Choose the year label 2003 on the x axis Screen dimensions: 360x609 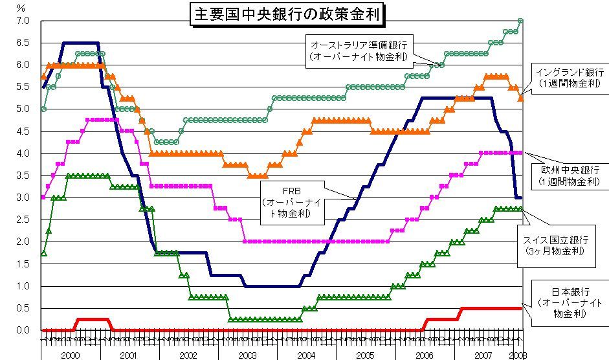pos(247,355)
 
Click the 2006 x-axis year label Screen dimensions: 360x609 pos(424,355)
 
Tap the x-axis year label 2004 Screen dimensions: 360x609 pos(306,355)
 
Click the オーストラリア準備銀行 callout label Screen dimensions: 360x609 pos(359,51)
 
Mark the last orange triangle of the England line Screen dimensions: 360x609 pos(521,98)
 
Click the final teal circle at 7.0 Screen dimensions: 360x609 pos(521,21)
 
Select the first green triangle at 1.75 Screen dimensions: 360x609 pos(43,253)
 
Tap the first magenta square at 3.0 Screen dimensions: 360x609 pos(43,197)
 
